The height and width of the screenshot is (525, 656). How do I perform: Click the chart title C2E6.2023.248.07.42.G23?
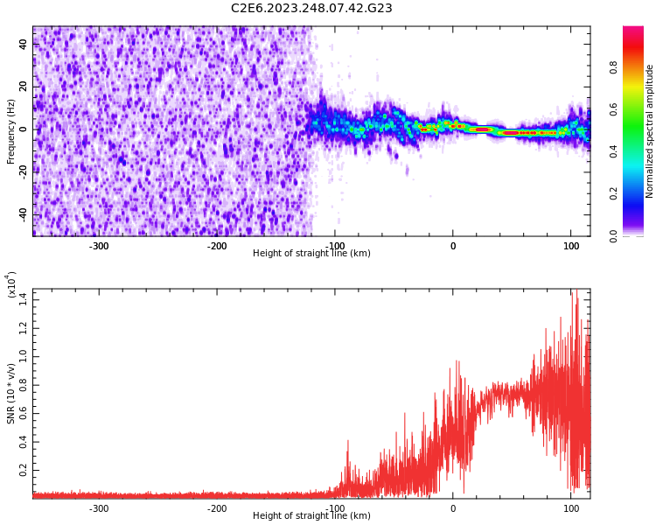pos(311,9)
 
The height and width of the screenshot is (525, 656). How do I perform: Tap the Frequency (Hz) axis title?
pos(11,131)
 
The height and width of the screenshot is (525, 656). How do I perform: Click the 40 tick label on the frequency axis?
pos(24,44)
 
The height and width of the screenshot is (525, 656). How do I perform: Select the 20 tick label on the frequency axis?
pos(24,87)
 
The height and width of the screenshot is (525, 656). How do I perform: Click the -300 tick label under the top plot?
pos(99,246)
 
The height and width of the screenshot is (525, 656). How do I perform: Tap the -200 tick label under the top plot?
pos(217,246)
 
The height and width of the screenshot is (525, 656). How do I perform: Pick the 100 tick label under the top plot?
pos(570,246)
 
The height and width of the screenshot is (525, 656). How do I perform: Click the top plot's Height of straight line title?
pos(311,254)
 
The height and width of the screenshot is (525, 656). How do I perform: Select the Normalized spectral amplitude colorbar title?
pos(650,131)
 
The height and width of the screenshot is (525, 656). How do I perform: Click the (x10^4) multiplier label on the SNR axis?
pos(12,284)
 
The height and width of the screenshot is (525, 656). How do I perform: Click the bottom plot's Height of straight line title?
pos(311,516)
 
